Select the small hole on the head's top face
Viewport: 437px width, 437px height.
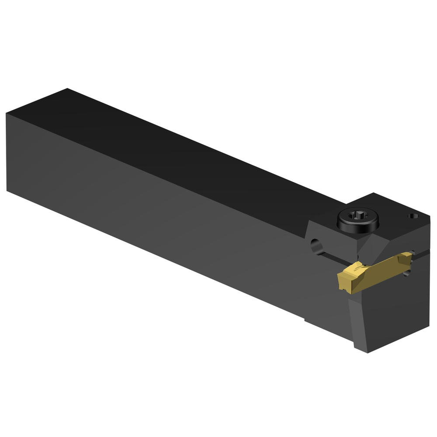[411, 215]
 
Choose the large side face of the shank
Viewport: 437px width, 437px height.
[153, 210]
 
